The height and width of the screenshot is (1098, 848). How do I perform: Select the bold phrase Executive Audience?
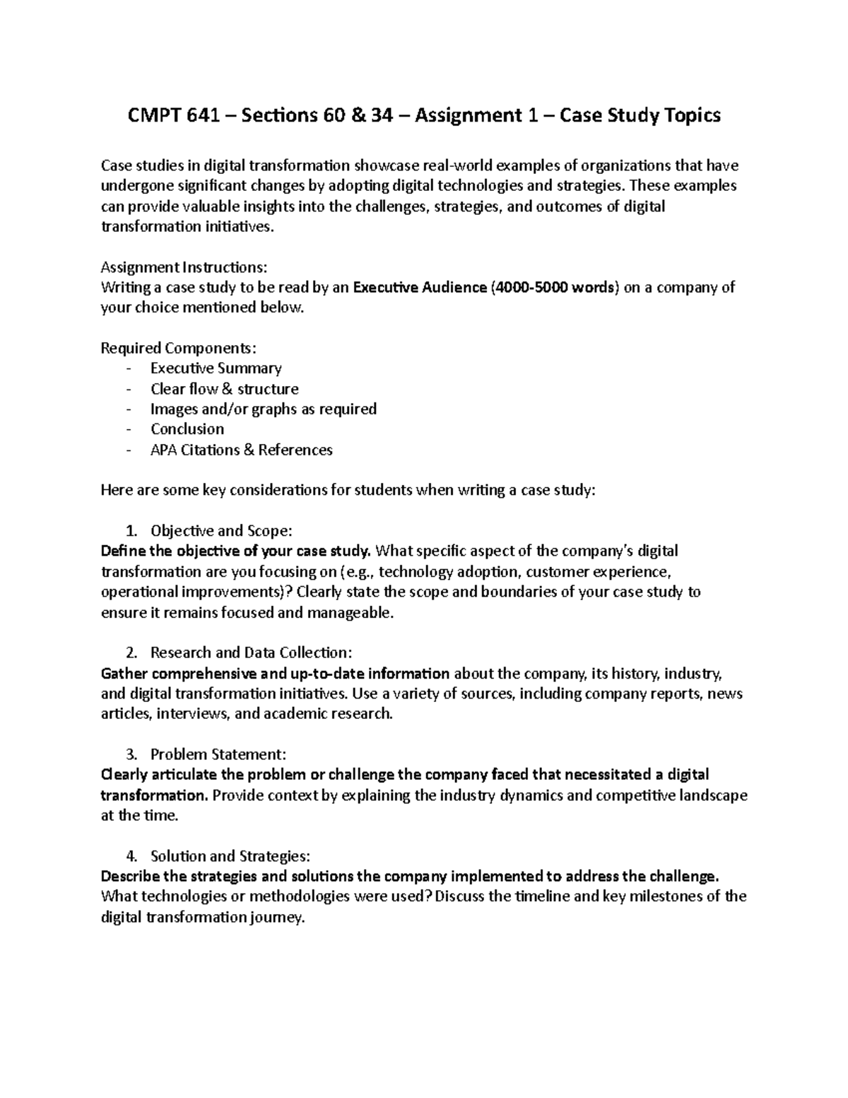coord(420,288)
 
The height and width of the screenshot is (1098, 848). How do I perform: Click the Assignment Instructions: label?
coord(184,267)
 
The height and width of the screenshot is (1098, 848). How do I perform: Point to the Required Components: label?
coord(179,348)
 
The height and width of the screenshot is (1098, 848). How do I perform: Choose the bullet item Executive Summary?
coord(216,368)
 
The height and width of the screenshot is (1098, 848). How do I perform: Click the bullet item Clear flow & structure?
coord(225,389)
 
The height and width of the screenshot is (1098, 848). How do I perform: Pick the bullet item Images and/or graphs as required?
coord(264,409)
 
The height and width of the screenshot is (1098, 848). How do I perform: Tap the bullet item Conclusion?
coord(187,429)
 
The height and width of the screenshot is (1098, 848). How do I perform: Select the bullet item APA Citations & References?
coord(242,450)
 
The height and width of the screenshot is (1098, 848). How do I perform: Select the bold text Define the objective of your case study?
coord(236,551)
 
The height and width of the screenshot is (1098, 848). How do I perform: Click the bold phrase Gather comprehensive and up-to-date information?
coord(276,673)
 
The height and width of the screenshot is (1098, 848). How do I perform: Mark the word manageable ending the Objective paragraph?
coord(349,612)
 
